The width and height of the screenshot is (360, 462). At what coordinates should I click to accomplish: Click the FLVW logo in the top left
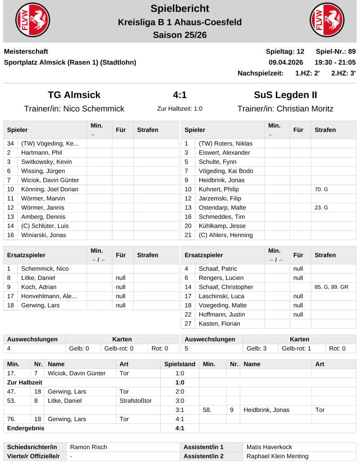pos(33,21)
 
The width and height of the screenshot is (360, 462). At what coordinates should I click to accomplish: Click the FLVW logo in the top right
pos(327,21)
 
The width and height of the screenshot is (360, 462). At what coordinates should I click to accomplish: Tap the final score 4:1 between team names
pos(180,95)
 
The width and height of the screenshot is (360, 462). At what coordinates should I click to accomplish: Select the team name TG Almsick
pos(74,95)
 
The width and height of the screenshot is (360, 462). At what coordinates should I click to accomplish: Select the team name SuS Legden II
pos(285,95)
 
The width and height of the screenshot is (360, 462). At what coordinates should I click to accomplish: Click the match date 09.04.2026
pos(286,62)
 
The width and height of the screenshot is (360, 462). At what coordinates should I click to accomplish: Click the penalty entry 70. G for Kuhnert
pos(321,189)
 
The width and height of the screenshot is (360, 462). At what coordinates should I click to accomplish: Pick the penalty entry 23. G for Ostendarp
pos(321,207)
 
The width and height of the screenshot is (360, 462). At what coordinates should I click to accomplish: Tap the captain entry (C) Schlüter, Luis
pos(45,226)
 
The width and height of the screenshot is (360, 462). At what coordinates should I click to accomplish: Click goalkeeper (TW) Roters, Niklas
pos(225,144)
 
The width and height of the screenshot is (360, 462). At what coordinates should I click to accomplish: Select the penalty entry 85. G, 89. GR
pos(331,287)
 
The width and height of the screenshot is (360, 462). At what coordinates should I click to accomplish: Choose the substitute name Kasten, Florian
pos(219,323)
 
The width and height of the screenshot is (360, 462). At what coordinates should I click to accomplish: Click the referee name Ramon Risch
pos(89,447)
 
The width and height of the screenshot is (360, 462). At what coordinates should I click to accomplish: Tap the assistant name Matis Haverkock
pos(270,447)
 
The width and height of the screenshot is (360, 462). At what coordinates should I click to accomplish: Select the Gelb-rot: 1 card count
pos(296,348)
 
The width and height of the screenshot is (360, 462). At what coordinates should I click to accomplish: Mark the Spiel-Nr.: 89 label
pos(336,51)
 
